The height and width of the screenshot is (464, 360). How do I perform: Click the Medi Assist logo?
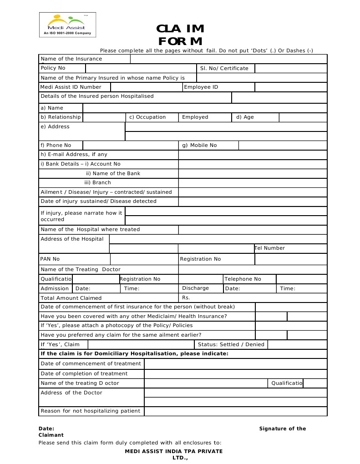[67, 25]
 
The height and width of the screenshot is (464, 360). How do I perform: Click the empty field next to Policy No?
[141, 68]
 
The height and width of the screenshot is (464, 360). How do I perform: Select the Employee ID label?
[201, 87]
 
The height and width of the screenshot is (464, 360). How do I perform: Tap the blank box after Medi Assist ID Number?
[146, 87]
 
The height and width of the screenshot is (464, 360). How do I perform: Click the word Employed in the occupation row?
[195, 117]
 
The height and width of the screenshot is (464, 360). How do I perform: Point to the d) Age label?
[245, 117]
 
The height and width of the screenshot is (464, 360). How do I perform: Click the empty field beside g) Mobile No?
[283, 145]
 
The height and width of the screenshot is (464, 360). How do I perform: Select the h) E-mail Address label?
[74, 154]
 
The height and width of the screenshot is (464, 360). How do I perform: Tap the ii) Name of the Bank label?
[113, 173]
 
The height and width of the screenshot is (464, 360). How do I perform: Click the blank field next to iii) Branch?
[253, 182]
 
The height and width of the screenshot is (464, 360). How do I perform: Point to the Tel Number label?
[270, 248]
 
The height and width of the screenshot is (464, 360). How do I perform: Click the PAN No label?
[50, 259]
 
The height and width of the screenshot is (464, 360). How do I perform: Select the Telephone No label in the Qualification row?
[243, 279]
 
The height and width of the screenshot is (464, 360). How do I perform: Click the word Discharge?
[195, 288]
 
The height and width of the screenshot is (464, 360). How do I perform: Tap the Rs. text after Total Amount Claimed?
[186, 298]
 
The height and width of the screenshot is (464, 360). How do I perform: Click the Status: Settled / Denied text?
[231, 344]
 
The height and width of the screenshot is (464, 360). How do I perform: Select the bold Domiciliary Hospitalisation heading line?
[135, 353]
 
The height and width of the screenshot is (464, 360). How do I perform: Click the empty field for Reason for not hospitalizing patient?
[235, 411]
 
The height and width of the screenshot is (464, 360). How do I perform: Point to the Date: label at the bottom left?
[46, 429]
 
